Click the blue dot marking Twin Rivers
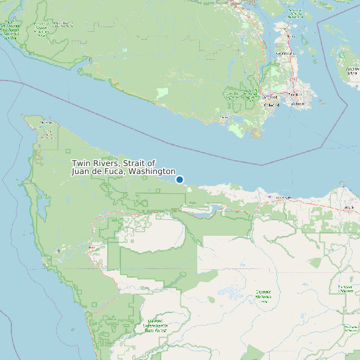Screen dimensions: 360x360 click(179, 179)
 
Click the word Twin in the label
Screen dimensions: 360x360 click(80, 163)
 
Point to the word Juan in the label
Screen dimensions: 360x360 click(80, 171)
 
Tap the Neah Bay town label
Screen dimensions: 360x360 click(46, 123)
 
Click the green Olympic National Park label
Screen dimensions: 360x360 click(263, 296)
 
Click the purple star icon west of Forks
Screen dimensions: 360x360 click(59, 250)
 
